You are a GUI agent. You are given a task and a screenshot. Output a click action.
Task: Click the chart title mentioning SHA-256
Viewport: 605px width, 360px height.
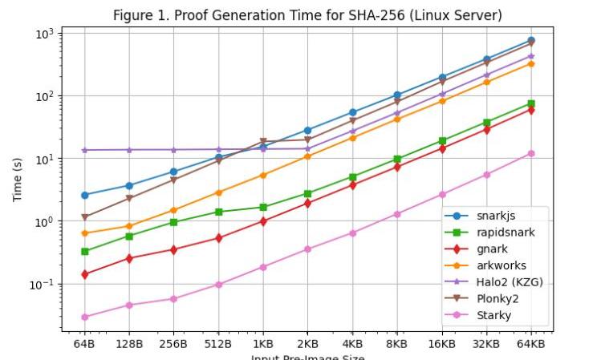coord(307,15)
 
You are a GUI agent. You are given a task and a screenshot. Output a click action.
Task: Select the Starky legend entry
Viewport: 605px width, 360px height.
coord(493,315)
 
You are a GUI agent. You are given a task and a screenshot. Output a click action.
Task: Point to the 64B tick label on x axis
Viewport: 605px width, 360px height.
coord(84,343)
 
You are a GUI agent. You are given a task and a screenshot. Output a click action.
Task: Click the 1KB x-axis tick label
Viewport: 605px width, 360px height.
coord(263,343)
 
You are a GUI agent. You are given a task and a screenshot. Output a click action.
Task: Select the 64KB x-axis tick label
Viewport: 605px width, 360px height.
coord(530,343)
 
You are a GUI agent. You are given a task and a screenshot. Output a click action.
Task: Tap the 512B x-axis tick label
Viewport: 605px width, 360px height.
coord(218,343)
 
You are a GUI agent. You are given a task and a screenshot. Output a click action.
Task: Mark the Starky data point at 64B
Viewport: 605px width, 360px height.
coord(84,317)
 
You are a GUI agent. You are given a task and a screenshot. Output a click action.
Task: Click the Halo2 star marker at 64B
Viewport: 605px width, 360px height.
coord(84,150)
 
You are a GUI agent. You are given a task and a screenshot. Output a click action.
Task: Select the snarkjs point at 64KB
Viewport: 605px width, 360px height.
coord(530,41)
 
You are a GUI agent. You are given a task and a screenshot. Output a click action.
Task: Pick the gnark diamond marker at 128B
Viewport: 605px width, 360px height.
coord(129,258)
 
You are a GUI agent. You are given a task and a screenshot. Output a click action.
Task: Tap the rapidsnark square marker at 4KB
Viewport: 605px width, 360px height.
coord(352,177)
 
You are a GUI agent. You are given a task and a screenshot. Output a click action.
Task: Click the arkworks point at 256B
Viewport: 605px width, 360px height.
coord(173,210)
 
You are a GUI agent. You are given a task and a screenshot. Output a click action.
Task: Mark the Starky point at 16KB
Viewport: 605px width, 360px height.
coord(441,194)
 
